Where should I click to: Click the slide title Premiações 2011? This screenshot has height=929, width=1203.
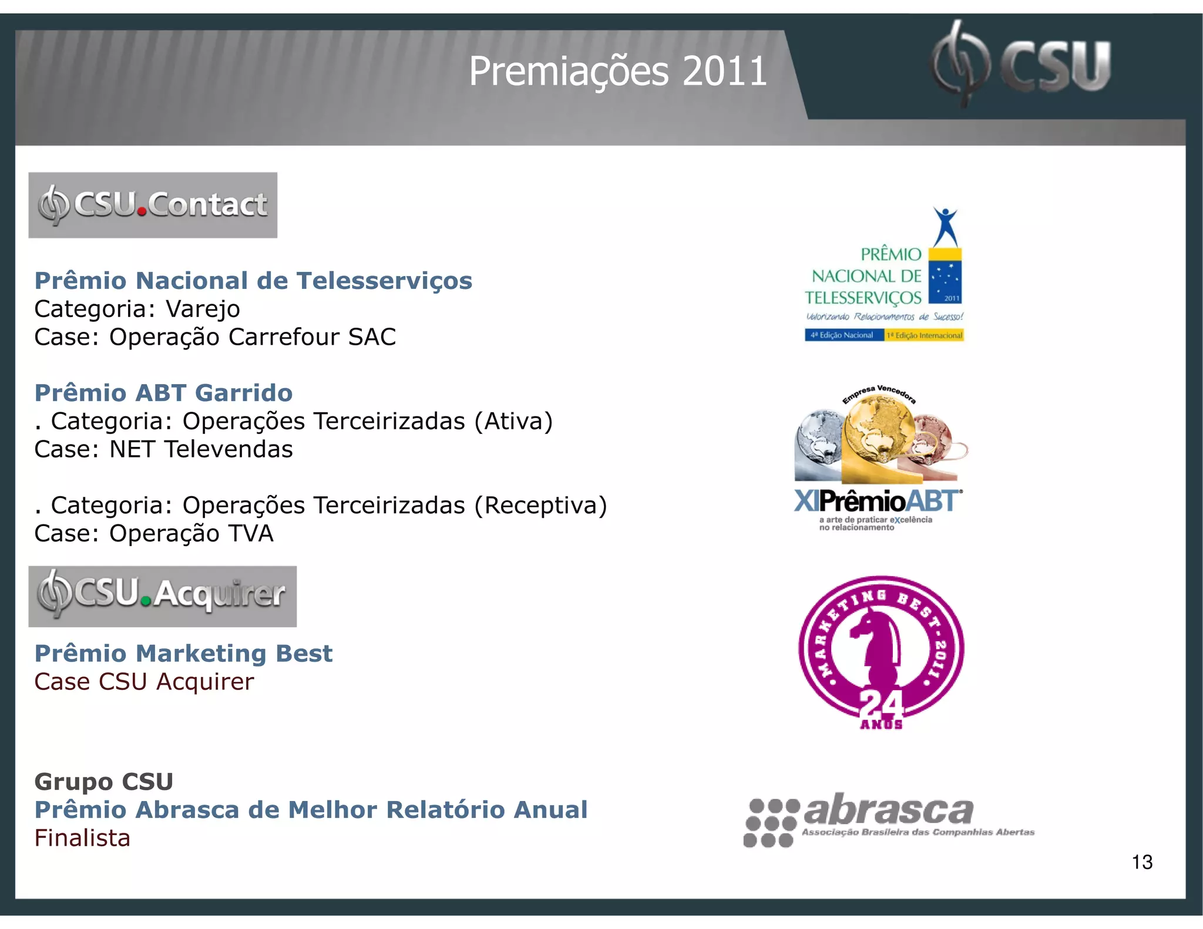pos(617,72)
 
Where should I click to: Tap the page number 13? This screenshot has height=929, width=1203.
pos(1142,862)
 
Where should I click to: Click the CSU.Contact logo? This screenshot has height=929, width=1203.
pos(153,205)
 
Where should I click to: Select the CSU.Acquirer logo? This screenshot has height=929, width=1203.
pos(162,596)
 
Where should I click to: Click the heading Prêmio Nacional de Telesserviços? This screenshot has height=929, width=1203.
pos(253,281)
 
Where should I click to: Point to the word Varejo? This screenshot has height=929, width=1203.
pos(203,309)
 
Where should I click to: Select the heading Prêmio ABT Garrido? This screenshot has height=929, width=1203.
pos(163,393)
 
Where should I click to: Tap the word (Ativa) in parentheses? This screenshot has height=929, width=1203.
pos(513,421)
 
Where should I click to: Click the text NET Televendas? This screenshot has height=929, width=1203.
pos(201,449)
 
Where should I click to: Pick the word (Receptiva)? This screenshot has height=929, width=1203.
pos(540,505)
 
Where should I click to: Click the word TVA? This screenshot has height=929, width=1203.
pos(251,533)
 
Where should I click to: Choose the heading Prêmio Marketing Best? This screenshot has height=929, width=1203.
pos(183,654)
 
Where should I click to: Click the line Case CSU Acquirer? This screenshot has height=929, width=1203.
pos(144,682)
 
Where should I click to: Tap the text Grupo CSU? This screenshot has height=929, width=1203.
pos(104,782)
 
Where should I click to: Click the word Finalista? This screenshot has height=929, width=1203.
pos(82,838)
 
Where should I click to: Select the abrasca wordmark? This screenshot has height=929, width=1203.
pos(888,810)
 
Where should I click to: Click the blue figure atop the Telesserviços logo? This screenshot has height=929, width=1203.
pos(946,226)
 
